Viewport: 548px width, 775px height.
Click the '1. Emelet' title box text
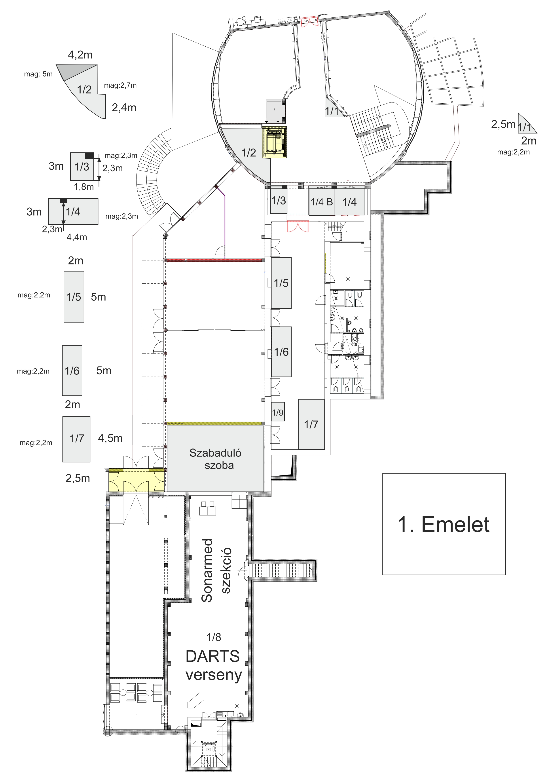443,524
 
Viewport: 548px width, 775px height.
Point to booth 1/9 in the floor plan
278,412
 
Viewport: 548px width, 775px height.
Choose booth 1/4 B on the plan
322,202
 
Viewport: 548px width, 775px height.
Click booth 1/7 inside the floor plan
311,424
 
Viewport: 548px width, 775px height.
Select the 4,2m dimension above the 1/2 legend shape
80,55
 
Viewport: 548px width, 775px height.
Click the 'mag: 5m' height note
38,74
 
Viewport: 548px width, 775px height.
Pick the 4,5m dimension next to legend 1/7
110,438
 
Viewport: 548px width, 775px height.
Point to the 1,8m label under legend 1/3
84,187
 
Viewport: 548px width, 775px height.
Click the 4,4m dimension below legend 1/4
77,237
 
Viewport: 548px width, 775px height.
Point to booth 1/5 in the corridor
281,283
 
